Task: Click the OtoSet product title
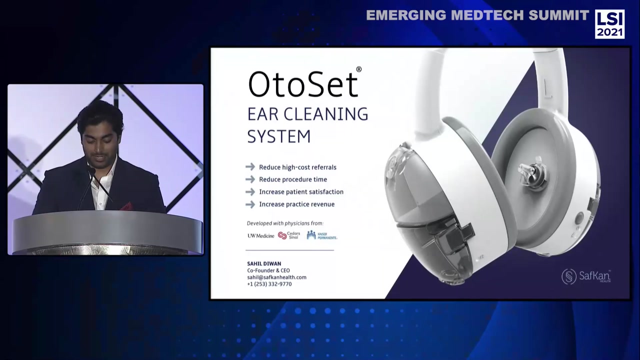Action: point(303,84)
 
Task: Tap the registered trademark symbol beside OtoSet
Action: point(358,69)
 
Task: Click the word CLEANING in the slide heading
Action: point(325,114)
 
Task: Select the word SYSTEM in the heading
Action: point(278,136)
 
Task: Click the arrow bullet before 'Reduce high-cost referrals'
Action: point(250,167)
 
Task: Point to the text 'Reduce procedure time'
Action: point(292,179)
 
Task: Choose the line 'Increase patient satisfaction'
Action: point(301,192)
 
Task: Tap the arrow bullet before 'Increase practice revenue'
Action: point(250,204)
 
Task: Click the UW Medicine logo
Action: point(260,235)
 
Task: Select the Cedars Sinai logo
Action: point(289,235)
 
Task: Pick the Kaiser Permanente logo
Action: point(321,235)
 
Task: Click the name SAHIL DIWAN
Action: point(264,263)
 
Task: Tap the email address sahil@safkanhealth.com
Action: point(276,277)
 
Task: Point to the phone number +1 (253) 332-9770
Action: point(269,284)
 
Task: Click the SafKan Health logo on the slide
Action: point(586,276)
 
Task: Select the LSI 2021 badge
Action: point(609,23)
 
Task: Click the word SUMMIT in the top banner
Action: point(558,15)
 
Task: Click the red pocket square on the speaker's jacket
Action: point(126,206)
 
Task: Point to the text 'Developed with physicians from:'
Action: point(285,223)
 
